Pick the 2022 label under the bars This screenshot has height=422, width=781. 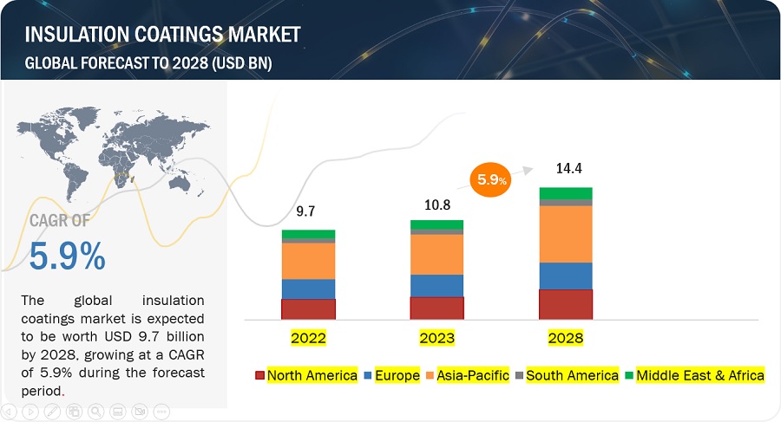[x=308, y=337]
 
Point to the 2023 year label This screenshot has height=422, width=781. [x=436, y=337]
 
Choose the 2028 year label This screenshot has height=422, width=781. [x=565, y=337]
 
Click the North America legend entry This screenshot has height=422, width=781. [x=305, y=375]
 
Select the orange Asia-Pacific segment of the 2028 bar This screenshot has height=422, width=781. [x=565, y=234]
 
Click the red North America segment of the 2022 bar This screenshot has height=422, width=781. [x=308, y=309]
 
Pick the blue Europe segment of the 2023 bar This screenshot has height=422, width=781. [x=436, y=285]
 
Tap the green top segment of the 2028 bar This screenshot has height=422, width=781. [x=565, y=193]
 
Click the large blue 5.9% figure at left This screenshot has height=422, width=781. [x=68, y=256]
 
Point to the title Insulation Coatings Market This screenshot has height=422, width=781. [x=162, y=35]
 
